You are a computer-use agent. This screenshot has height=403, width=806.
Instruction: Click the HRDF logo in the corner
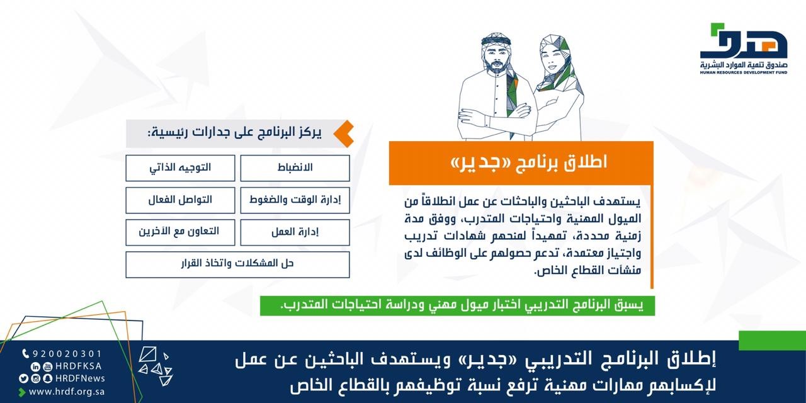click(744, 48)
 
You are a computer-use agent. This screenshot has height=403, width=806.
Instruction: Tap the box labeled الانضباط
click(295, 168)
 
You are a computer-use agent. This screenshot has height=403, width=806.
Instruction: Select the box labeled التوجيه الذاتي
click(180, 168)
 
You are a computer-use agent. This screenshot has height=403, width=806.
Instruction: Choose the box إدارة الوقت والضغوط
click(295, 200)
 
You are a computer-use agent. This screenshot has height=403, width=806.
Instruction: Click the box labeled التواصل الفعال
click(180, 200)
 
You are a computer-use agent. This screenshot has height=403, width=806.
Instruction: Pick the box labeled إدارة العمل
click(295, 232)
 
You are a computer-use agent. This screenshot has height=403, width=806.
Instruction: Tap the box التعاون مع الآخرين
click(180, 232)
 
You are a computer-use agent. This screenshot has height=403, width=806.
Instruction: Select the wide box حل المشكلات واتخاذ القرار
click(237, 264)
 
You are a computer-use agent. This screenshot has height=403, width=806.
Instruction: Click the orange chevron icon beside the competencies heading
click(344, 133)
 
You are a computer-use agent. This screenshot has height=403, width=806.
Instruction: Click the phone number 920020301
click(67, 354)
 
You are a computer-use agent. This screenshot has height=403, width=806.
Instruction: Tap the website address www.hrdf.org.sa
click(67, 392)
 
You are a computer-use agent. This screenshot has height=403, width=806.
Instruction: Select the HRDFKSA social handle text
click(79, 366)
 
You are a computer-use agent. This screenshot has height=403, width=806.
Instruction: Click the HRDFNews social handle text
click(80, 378)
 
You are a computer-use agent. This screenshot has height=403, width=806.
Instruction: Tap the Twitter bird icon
click(23, 378)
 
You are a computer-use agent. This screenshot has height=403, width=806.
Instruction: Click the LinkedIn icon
click(35, 366)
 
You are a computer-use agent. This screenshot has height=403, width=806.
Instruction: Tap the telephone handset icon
click(26, 354)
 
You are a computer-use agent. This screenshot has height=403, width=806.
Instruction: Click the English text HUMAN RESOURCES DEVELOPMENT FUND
click(744, 72)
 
